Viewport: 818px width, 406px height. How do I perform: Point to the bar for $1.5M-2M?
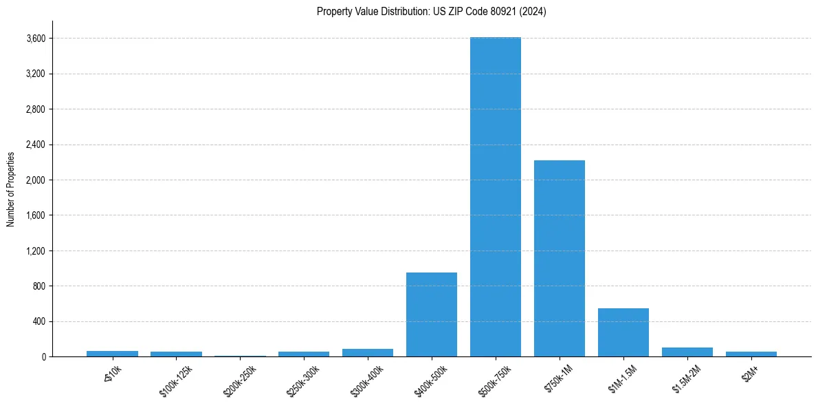tap(687, 352)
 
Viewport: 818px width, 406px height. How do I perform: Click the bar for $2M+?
tap(751, 354)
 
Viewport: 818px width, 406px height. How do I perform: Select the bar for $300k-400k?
tap(367, 352)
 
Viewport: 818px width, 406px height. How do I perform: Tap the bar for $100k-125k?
tap(176, 354)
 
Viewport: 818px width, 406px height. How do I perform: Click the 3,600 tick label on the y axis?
tap(34, 39)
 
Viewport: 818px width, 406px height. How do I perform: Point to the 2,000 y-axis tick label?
tap(34, 180)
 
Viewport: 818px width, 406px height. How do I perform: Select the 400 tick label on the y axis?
tap(38, 321)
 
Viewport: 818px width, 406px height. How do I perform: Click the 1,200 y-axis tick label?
tap(34, 251)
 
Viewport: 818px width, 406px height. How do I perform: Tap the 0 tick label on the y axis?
tap(43, 356)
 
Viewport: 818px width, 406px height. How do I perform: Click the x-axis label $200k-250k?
tap(240, 379)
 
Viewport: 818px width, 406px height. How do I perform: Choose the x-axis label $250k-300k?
tap(304, 379)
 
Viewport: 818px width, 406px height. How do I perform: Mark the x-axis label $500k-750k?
tap(496, 379)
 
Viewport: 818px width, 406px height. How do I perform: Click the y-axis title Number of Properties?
tap(11, 189)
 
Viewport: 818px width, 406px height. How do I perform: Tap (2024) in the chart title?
tap(534, 12)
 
